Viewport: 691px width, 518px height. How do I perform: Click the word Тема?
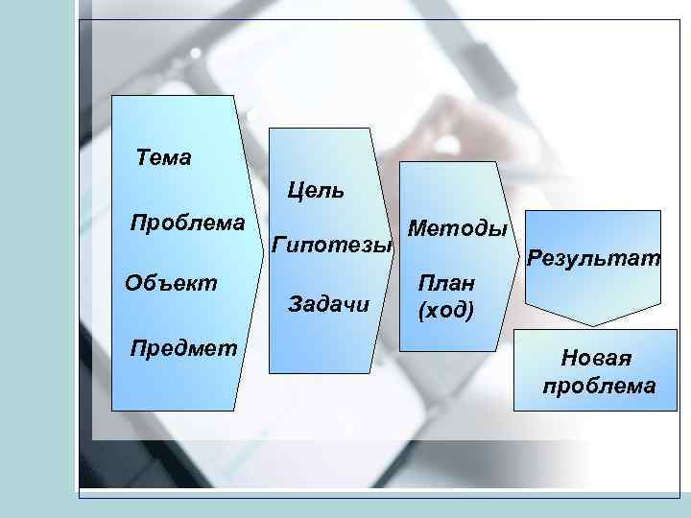[164, 156]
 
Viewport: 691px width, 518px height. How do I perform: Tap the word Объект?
[171, 283]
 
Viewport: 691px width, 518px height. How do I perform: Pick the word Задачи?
[328, 304]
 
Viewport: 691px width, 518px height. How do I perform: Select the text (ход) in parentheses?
[445, 311]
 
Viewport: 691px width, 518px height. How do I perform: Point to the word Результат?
[595, 258]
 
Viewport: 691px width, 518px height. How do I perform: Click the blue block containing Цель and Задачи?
[320, 345]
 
